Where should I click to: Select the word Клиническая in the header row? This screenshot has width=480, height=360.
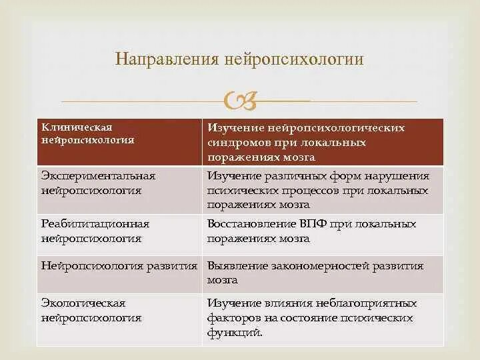point(77,127)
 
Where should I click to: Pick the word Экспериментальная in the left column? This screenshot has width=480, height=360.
point(98,176)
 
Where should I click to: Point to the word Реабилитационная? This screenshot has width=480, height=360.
point(95,224)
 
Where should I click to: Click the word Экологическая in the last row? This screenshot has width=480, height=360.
point(83,304)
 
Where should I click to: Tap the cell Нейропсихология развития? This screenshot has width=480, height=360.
point(119,265)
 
